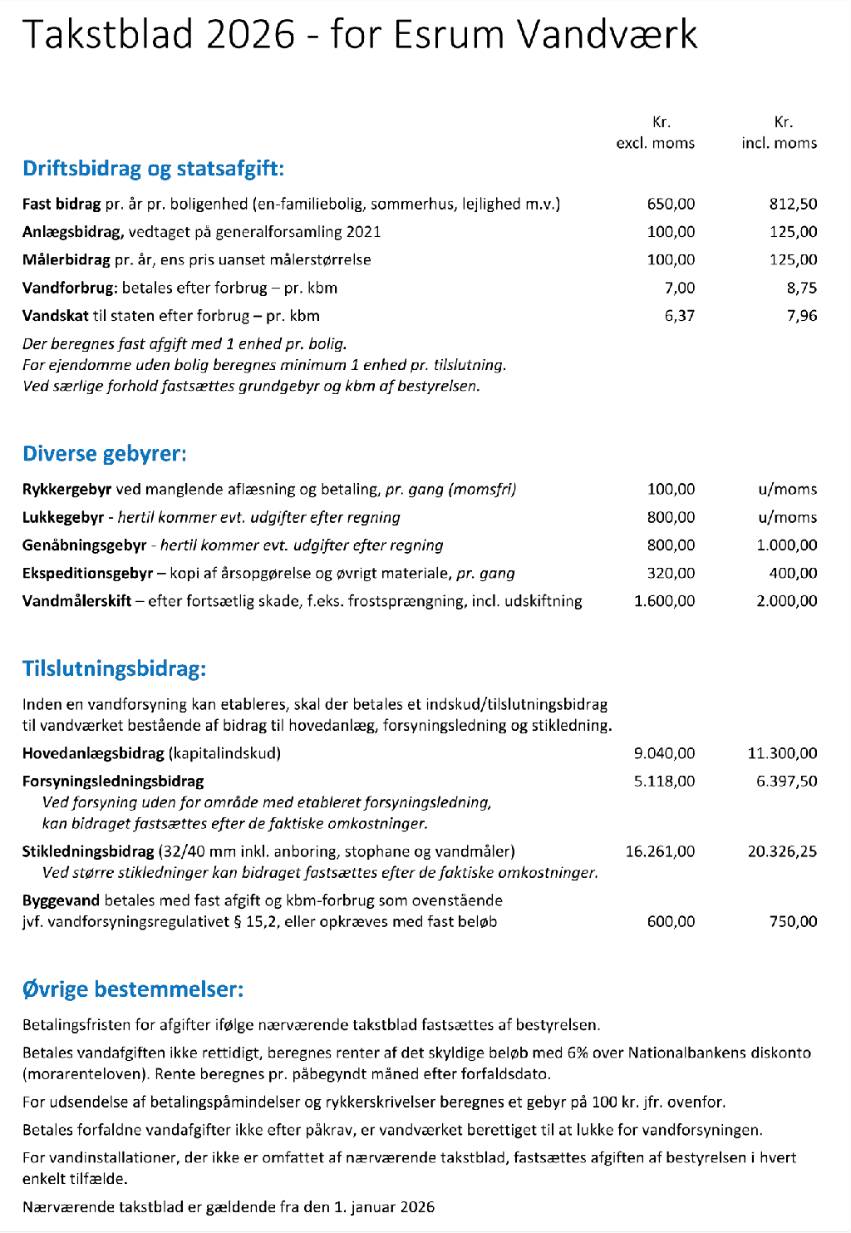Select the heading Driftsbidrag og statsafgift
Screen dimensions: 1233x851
point(153,169)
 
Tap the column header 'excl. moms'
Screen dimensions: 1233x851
point(655,143)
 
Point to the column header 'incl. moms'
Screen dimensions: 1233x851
point(779,143)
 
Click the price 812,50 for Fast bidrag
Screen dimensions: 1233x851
point(793,204)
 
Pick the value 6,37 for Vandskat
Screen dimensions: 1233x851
point(679,316)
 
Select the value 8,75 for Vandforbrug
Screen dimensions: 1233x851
point(801,288)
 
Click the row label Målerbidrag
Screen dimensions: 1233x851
point(66,259)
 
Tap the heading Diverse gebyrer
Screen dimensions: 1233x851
point(104,454)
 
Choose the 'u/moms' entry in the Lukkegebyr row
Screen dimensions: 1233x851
point(787,517)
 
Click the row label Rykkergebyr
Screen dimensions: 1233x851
point(66,490)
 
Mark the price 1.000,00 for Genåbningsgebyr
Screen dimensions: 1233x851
point(786,545)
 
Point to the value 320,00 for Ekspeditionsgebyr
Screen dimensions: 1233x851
point(671,573)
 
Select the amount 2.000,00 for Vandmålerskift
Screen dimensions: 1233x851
point(786,601)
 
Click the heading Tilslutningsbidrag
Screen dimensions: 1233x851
point(114,669)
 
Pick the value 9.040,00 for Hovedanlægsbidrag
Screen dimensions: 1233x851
point(664,753)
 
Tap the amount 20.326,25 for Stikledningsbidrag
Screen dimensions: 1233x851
point(782,851)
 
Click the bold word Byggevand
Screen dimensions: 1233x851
point(61,900)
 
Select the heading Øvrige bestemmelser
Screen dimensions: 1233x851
point(133,989)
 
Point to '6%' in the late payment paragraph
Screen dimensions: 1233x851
point(578,1053)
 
